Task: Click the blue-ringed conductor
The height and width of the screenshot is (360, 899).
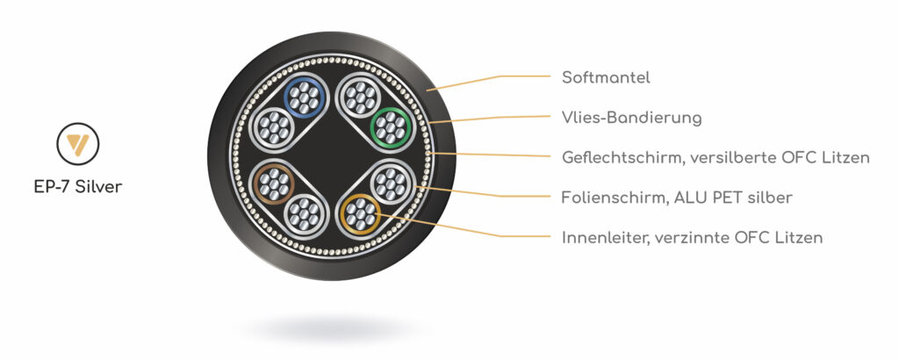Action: [304, 97]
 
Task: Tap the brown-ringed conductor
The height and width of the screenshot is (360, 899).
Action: [274, 184]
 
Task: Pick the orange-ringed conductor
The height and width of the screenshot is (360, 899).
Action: [360, 214]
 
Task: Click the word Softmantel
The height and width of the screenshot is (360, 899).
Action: [606, 78]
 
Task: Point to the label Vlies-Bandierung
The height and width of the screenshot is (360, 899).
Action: [632, 118]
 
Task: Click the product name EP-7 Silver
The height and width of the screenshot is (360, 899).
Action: [78, 187]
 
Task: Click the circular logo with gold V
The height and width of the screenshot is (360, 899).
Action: [78, 144]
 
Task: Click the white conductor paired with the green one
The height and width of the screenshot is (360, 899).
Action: [361, 97]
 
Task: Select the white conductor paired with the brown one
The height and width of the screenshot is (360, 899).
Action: [304, 214]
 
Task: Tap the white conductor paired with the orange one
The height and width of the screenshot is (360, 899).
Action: [391, 184]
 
